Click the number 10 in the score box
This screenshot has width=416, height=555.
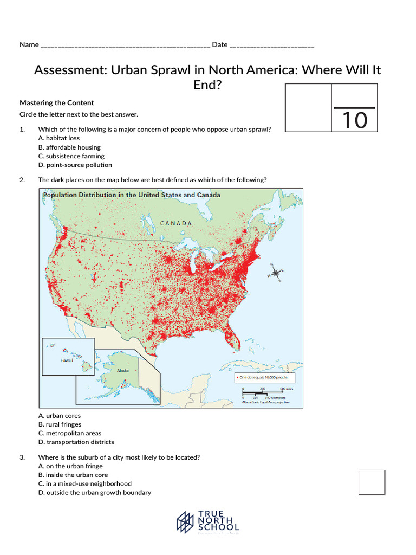(x=354, y=120)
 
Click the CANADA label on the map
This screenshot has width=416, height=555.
(x=176, y=223)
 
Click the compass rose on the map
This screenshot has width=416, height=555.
(x=275, y=273)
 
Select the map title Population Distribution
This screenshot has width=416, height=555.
(x=132, y=195)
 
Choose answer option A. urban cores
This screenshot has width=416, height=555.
(x=60, y=416)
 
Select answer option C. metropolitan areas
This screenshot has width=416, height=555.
(x=70, y=433)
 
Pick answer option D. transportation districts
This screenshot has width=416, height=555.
(x=76, y=442)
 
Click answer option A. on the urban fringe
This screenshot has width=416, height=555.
(x=70, y=466)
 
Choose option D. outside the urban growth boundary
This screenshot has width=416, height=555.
(x=95, y=492)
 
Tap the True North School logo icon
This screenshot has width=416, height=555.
(x=185, y=522)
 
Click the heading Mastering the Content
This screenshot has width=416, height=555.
(x=57, y=102)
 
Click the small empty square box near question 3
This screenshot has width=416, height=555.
(x=372, y=482)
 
